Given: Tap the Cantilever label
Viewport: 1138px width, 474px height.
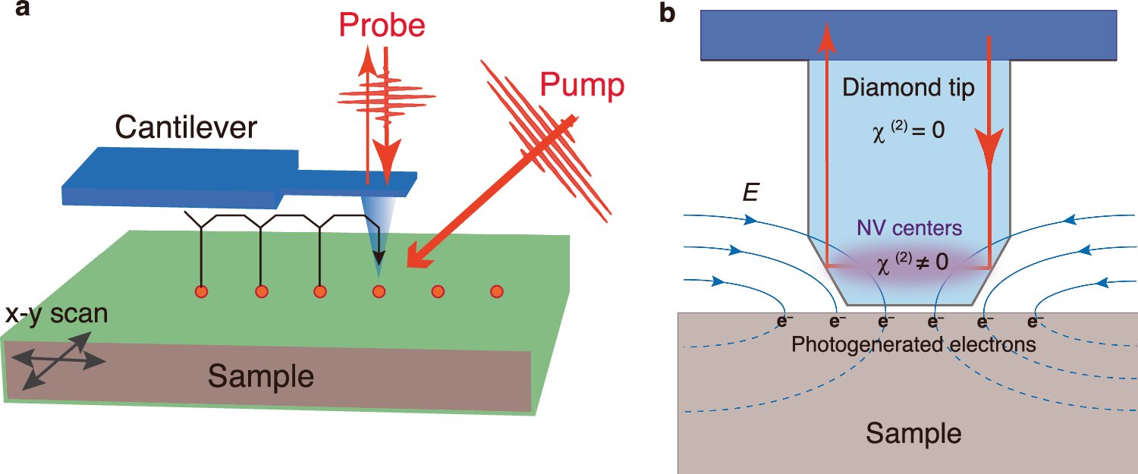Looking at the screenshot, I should tap(186, 129).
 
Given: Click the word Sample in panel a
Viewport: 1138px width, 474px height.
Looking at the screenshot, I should tap(261, 376).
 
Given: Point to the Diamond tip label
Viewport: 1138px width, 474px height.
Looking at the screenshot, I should tap(908, 89).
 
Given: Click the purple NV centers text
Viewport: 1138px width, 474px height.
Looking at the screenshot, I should tap(908, 227).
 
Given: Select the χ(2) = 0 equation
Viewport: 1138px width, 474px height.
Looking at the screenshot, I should tap(907, 130).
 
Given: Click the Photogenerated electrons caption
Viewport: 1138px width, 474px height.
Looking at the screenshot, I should tap(913, 344).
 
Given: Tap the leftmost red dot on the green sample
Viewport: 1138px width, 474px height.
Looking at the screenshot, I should tap(202, 292).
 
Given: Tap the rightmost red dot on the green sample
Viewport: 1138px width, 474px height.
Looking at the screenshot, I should tap(497, 291).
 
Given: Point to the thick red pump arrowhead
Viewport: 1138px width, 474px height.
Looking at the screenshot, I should tap(419, 259).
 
